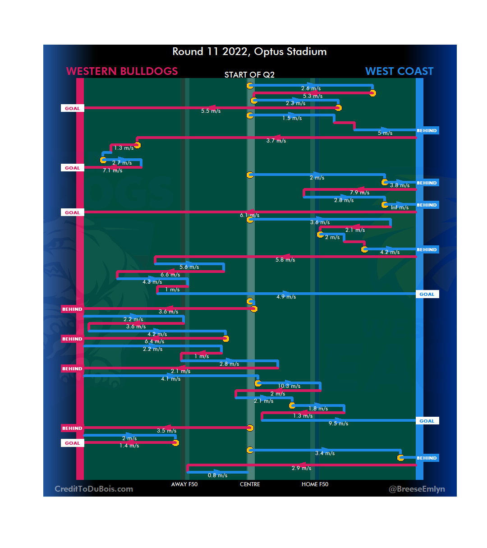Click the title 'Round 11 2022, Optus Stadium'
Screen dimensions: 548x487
coord(249,51)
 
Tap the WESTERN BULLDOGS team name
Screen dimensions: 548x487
coord(122,71)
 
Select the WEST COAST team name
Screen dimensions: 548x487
coord(399,71)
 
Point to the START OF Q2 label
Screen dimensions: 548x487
coord(249,75)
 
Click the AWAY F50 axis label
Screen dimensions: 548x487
coord(184,484)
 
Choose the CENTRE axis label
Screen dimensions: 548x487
coord(250,484)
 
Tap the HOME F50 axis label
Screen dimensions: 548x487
coord(315,484)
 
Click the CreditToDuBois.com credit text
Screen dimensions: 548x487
coord(94,489)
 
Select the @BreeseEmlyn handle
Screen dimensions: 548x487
coord(417,489)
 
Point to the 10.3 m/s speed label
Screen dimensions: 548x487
coord(289,386)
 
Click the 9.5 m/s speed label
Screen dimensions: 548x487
coord(338,424)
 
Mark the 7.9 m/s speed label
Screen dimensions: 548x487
coord(359,193)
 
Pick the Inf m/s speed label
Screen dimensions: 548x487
coord(400,207)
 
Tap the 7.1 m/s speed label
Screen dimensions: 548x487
coord(112,170)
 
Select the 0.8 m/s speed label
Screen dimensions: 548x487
coord(217,475)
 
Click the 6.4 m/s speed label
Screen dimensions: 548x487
coord(154,341)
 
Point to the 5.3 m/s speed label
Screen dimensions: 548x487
coord(312,96)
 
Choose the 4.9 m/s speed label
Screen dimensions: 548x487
coord(286,297)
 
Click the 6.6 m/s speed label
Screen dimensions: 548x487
coord(170,275)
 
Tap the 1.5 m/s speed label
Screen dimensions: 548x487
coord(292,118)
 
